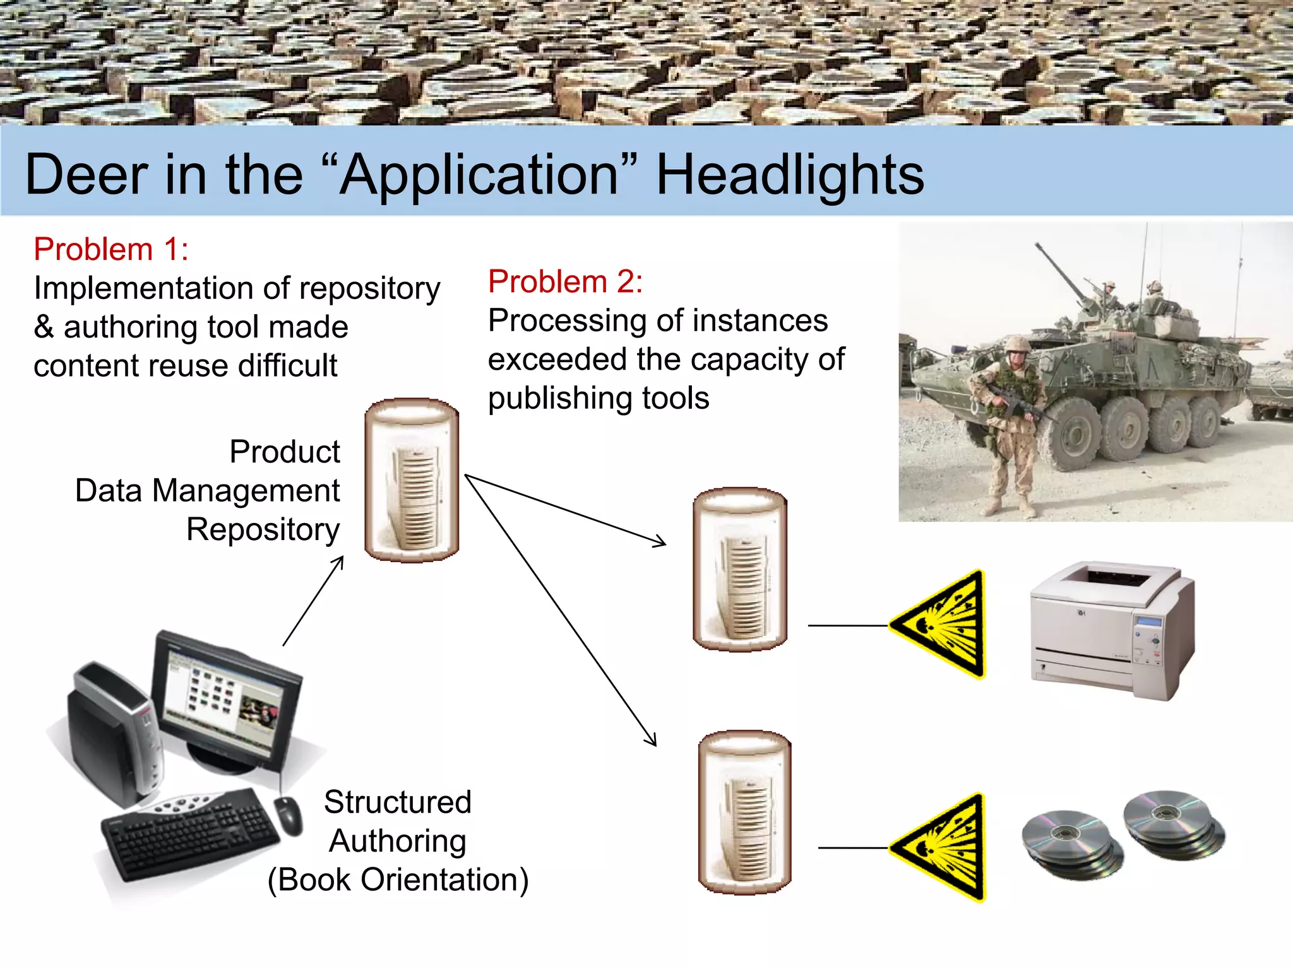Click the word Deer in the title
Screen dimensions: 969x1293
point(86,175)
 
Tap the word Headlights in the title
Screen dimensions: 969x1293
point(790,175)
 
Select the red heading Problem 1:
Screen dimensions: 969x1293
point(111,249)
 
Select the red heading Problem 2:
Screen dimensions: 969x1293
point(565,281)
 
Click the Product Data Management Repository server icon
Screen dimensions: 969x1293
point(412,481)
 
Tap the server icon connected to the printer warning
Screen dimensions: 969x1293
point(740,570)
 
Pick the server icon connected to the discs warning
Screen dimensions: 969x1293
point(744,813)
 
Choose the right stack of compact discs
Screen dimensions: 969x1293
point(1173,823)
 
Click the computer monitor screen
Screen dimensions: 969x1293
point(221,700)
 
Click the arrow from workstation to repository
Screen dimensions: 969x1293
point(313,601)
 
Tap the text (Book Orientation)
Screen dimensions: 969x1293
point(398,880)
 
